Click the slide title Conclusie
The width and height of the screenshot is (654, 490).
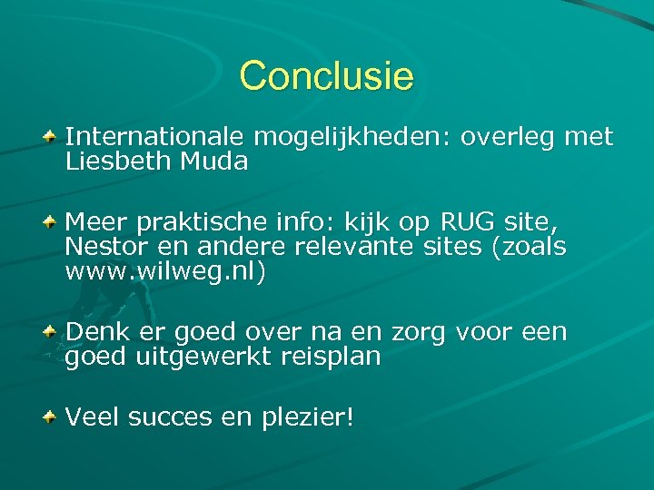(x=326, y=76)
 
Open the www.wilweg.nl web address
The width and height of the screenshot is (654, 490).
(x=166, y=271)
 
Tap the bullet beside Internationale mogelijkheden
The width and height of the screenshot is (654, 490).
(x=54, y=137)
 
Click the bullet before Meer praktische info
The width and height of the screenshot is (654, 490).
(x=54, y=221)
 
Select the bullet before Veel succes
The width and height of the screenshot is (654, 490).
(x=54, y=417)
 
